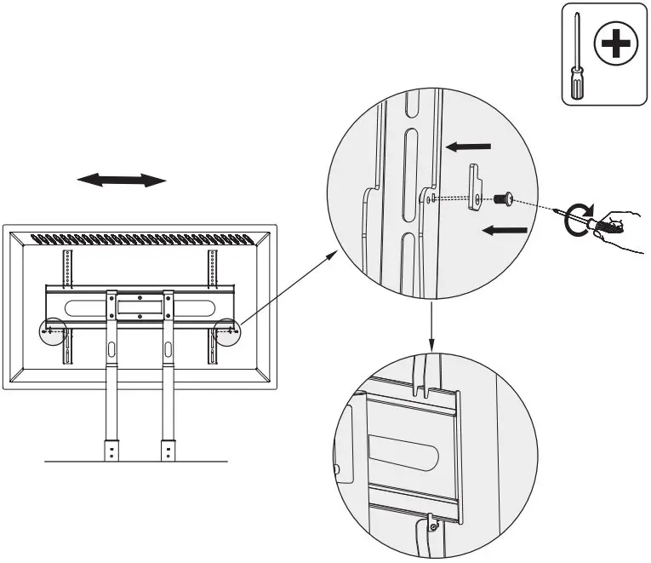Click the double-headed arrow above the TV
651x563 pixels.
click(x=121, y=180)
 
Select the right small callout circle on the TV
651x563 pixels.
click(x=226, y=330)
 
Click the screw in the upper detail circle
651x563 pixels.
click(x=500, y=199)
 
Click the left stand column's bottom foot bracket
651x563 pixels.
click(x=111, y=450)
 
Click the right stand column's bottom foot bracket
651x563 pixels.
click(x=168, y=450)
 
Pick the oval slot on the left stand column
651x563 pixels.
click(x=111, y=348)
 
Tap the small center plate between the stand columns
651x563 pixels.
click(x=138, y=303)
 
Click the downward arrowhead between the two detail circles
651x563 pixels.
click(x=432, y=345)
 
